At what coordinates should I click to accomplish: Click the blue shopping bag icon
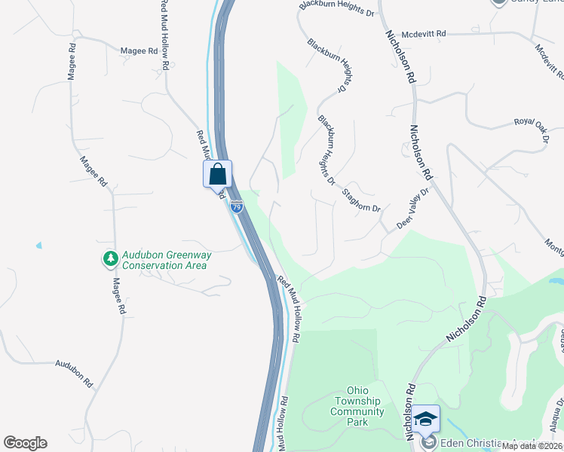click(x=217, y=174)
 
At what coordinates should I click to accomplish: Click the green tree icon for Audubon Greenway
click(x=111, y=259)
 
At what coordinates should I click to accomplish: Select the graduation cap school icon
click(x=426, y=419)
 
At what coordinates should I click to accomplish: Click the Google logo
click(x=25, y=443)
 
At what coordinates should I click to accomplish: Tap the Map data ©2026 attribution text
click(x=532, y=446)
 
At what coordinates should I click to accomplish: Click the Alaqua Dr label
click(x=559, y=413)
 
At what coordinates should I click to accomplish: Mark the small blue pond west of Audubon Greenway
click(x=38, y=246)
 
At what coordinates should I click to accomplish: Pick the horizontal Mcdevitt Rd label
click(x=424, y=34)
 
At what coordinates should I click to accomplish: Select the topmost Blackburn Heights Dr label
click(x=336, y=9)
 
